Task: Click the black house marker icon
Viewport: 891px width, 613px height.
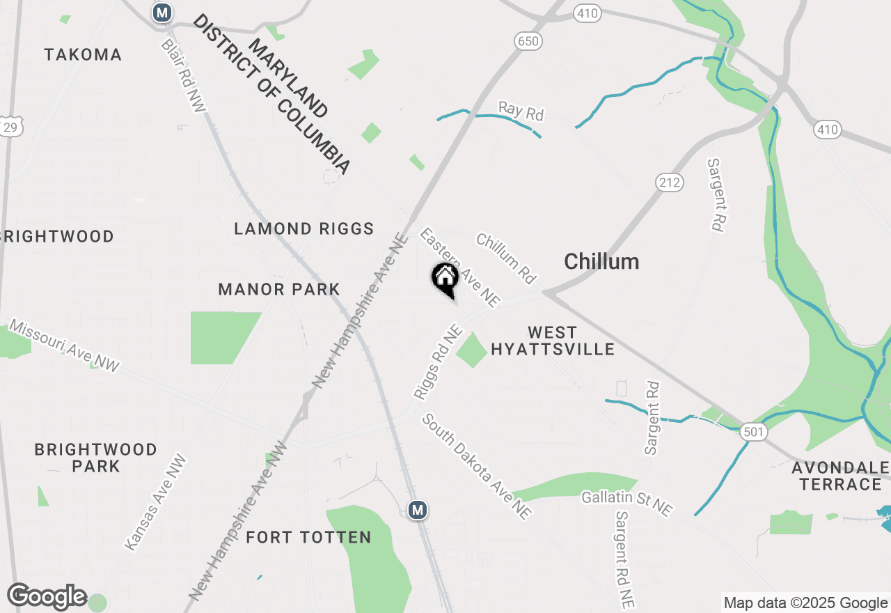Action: point(445,279)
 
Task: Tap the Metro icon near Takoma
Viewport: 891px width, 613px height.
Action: point(162,13)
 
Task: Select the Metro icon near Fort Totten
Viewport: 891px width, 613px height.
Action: point(418,510)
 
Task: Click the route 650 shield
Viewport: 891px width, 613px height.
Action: point(528,42)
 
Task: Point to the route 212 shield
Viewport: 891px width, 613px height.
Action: point(669,183)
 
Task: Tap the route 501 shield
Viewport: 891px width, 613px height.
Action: point(754,433)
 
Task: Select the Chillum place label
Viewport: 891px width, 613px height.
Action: point(601,262)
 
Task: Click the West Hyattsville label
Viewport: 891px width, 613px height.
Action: point(553,341)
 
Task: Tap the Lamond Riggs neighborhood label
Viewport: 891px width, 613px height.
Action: point(304,228)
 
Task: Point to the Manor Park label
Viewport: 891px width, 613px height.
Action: point(279,289)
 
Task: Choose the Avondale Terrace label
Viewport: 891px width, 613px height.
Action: point(841,475)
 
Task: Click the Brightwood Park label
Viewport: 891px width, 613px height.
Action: point(96,457)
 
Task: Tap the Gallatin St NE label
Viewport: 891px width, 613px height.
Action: point(627,502)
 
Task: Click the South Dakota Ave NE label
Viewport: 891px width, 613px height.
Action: point(477,467)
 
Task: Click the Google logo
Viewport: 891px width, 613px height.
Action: point(47,596)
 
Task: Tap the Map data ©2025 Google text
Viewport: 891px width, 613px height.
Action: point(805,603)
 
